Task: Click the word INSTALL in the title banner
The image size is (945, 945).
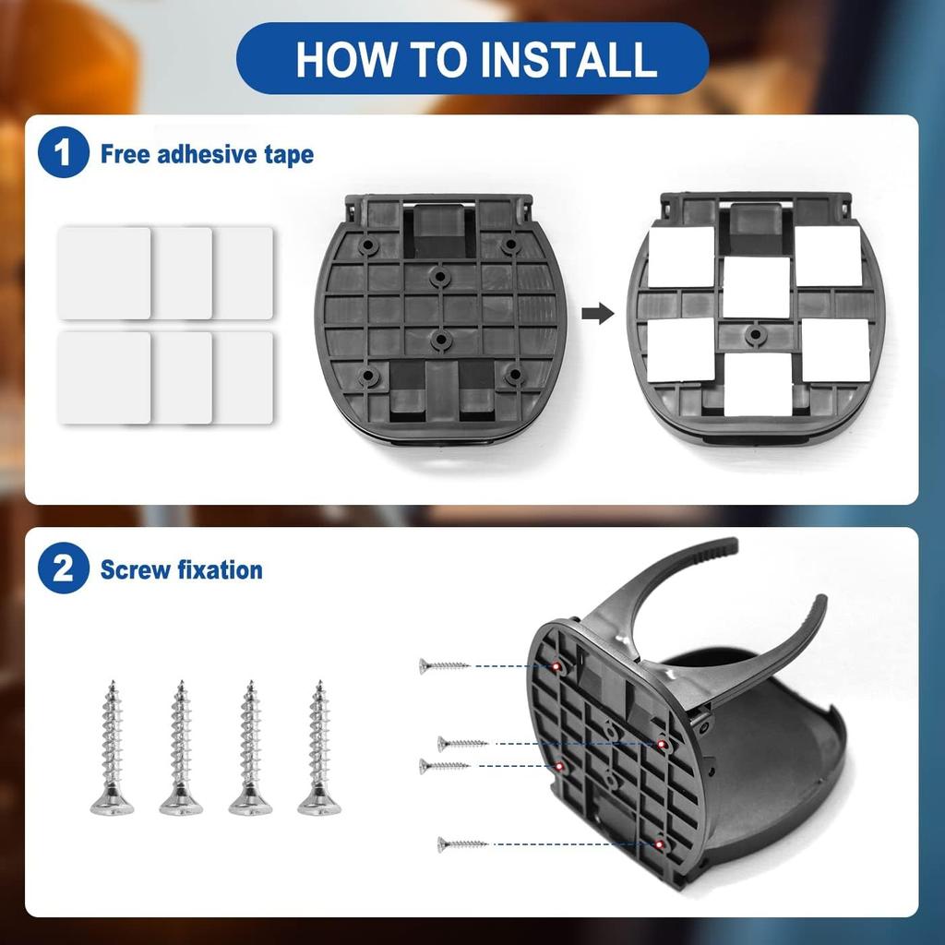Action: (x=568, y=59)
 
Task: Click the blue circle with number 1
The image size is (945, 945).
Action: (x=64, y=152)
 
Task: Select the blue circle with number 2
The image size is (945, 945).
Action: (x=64, y=568)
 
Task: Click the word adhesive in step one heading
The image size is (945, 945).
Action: (x=208, y=154)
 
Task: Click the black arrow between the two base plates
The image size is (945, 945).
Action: (x=598, y=314)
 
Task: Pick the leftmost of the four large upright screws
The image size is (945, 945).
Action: (x=112, y=748)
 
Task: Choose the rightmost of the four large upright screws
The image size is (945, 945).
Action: (x=319, y=748)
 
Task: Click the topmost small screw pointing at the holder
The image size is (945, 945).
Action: (x=445, y=665)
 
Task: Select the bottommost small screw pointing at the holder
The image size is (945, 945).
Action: (x=463, y=843)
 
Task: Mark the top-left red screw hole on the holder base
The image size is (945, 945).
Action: (x=556, y=666)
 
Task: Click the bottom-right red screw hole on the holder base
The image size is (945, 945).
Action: (x=661, y=844)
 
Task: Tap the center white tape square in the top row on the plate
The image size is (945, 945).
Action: (x=756, y=287)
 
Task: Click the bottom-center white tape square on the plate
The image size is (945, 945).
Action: (x=758, y=384)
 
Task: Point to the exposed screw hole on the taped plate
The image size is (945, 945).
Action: (x=754, y=334)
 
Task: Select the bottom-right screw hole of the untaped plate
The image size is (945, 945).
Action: (x=513, y=376)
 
